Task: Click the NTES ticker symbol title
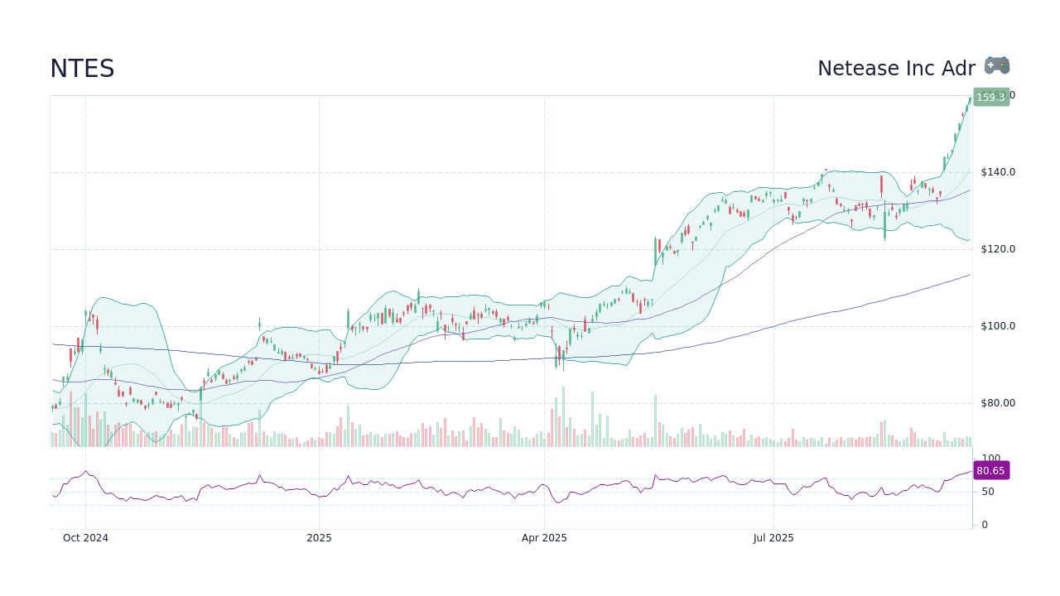82,69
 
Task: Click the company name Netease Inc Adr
896,69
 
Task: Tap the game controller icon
997,65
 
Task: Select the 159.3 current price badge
990,97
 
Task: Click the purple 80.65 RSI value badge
990,470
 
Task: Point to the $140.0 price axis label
997,172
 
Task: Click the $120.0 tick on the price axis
997,249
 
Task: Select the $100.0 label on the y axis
997,326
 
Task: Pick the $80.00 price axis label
997,403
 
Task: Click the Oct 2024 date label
85,538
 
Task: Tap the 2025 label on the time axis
319,538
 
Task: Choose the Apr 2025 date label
544,538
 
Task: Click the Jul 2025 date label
773,538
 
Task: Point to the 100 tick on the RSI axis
990,459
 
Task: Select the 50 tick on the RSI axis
987,492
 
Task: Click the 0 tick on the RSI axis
984,525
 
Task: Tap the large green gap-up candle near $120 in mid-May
655,251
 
